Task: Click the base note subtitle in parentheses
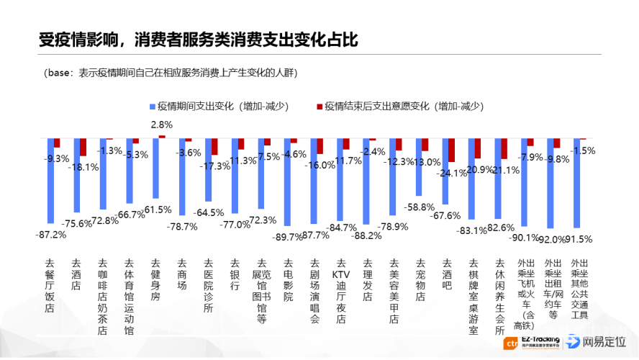170,73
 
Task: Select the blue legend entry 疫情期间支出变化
219,106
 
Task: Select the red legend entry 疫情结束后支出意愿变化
399,106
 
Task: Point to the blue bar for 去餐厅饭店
50,180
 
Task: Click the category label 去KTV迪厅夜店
341,291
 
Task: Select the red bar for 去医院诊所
214,146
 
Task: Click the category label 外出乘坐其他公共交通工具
579,289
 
